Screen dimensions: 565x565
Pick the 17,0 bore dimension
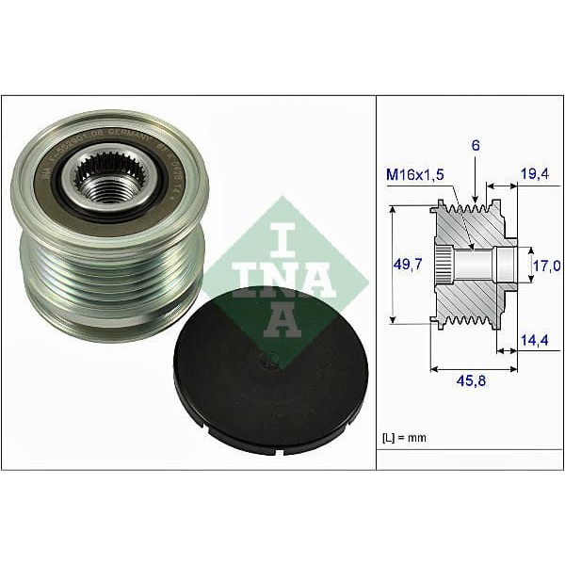pyautogui.click(x=542, y=266)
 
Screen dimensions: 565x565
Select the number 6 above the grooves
pyautogui.click(x=477, y=147)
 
